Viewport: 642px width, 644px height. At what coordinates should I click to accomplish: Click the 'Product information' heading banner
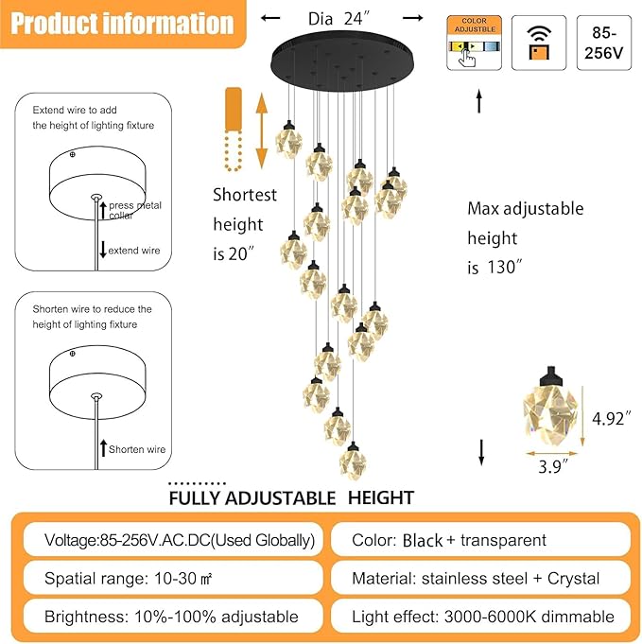click(x=123, y=24)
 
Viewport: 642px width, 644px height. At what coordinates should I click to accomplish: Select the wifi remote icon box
click(x=538, y=43)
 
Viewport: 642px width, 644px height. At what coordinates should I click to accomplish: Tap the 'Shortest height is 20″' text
click(x=245, y=224)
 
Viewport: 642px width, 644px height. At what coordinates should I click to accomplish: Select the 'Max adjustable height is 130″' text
click(x=525, y=237)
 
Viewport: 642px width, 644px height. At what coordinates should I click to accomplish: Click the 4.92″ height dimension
click(x=612, y=417)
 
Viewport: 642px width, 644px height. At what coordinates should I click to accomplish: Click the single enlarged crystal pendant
click(x=547, y=408)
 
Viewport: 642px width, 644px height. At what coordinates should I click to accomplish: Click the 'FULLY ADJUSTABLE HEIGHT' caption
click(x=290, y=497)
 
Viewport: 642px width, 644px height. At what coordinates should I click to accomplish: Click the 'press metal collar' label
click(x=134, y=210)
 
